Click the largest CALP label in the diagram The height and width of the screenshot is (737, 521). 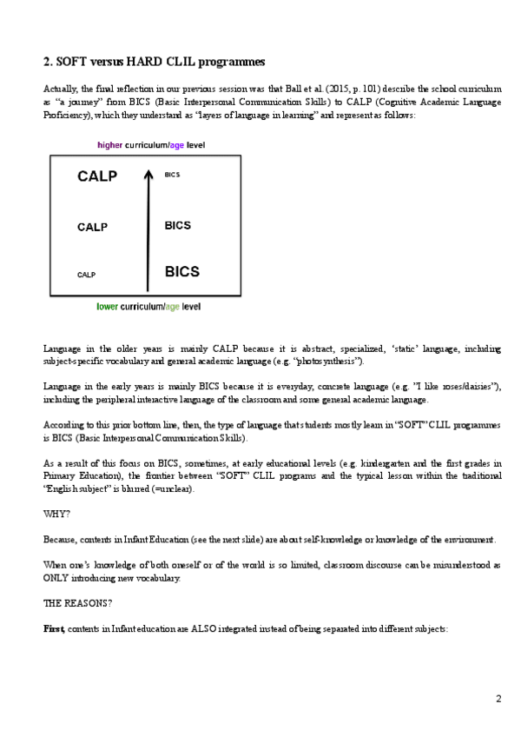[96, 176]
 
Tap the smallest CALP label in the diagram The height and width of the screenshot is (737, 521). [86, 275]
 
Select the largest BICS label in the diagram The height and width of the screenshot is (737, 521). [182, 271]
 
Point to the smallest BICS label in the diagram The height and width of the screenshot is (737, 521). [171, 175]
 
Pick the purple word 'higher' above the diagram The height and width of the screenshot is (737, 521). [110, 144]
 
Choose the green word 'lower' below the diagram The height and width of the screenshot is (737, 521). [108, 307]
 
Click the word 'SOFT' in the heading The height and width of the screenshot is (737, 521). [75, 62]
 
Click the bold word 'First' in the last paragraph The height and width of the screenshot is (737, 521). [54, 627]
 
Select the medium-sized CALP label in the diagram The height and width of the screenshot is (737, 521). [92, 228]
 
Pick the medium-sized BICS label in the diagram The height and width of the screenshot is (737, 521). [177, 226]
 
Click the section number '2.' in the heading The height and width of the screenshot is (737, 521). [49, 62]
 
